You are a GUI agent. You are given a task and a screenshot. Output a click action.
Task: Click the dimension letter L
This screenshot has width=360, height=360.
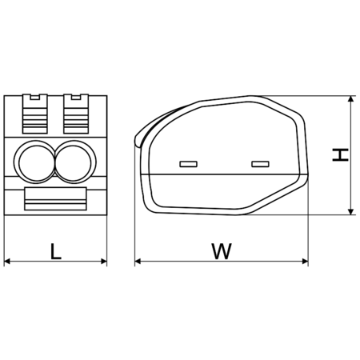point(55,250)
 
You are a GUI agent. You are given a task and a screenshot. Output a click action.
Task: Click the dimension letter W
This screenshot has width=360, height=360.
point(222,250)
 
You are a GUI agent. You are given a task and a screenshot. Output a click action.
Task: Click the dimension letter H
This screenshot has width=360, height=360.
point(342,154)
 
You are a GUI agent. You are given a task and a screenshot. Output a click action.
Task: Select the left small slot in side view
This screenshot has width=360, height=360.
point(189,164)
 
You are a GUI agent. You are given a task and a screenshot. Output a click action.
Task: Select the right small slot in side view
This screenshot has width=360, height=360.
point(259,164)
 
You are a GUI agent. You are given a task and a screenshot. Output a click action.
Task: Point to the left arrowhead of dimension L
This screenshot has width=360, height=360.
point(9,261)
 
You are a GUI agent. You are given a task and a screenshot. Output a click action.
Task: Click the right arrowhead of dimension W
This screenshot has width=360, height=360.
point(305,261)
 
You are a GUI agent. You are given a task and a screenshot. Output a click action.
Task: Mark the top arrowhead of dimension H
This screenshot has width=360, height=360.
point(351,101)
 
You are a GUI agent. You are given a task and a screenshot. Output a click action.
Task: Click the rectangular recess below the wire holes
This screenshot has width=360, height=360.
point(56,198)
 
